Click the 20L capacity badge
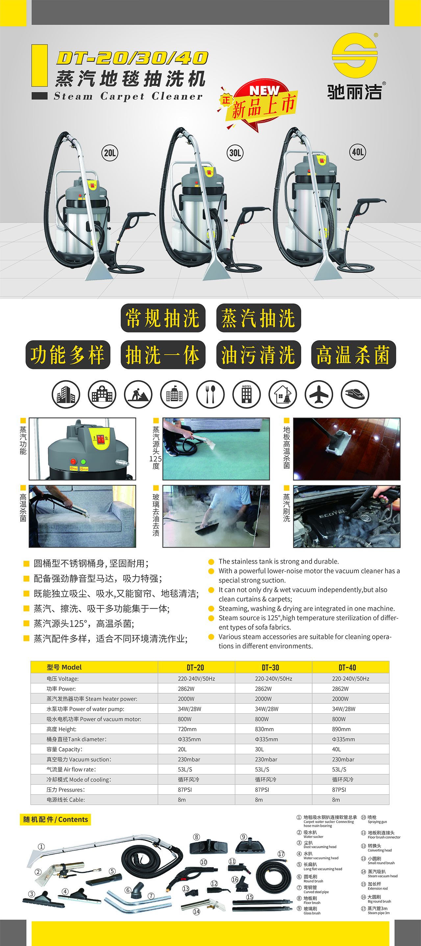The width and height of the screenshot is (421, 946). [x=110, y=153]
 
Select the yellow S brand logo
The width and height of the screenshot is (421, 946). [x=355, y=55]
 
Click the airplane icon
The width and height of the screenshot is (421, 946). [x=319, y=394]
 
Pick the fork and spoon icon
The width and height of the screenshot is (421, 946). [x=210, y=394]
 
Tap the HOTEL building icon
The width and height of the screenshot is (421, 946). [x=247, y=394]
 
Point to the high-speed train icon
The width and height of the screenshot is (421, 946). [x=355, y=394]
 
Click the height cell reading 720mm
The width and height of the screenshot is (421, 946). [x=187, y=729]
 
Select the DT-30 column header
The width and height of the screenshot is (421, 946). [x=270, y=667]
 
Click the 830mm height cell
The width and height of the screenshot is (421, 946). [x=264, y=729]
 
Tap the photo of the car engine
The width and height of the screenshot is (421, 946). [x=346, y=516]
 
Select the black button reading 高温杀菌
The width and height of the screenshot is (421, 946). [x=353, y=355]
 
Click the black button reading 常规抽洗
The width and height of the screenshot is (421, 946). [x=163, y=318]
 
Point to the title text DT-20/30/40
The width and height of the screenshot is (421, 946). [x=132, y=58]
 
